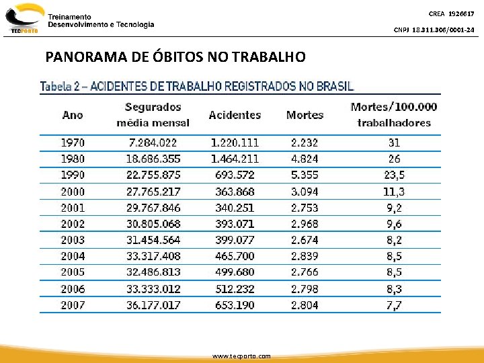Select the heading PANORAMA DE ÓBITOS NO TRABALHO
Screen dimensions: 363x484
(x=175, y=57)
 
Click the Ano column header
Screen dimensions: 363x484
(x=73, y=114)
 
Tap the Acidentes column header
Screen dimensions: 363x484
(x=235, y=115)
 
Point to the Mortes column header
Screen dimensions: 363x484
(x=305, y=115)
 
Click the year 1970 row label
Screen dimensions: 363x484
(x=73, y=143)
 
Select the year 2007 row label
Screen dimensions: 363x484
(x=73, y=305)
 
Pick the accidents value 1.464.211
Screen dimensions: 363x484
(x=235, y=159)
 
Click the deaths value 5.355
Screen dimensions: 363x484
(x=305, y=175)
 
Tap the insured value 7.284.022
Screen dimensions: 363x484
(x=153, y=143)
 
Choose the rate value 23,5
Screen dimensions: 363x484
(x=394, y=175)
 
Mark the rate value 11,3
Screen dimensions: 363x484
(x=394, y=192)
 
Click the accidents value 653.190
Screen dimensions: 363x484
(x=235, y=305)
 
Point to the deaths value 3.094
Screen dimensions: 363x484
(x=305, y=192)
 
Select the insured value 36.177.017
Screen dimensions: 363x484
(x=153, y=305)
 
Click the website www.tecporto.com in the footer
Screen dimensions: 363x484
(x=241, y=356)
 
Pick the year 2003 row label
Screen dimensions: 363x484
(x=73, y=240)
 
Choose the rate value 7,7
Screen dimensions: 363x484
(x=394, y=305)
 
